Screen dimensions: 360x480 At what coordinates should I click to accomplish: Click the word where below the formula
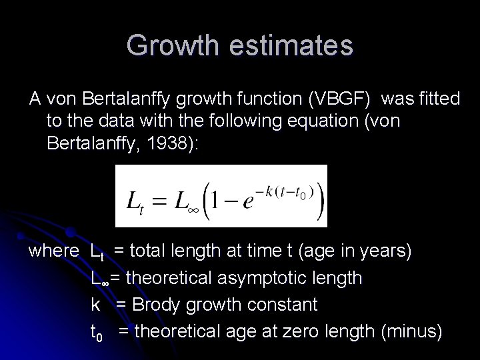55,251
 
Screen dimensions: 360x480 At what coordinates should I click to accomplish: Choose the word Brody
158,305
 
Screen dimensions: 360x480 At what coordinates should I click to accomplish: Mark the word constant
279,305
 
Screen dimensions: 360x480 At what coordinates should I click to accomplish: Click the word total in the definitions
153,251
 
